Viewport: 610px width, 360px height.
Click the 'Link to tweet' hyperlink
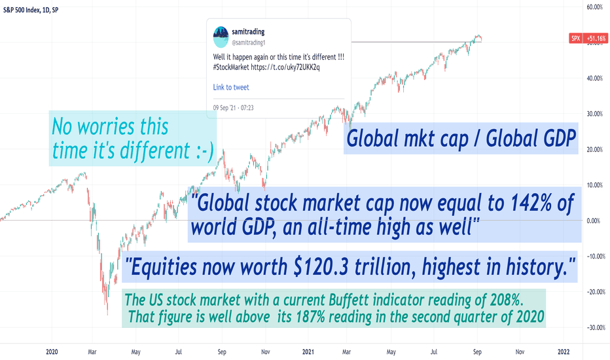click(230, 87)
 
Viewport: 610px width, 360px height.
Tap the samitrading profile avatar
click(221, 37)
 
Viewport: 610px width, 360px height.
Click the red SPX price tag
click(575, 38)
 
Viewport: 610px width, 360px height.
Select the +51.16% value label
click(596, 38)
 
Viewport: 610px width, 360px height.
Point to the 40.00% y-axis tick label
click(594, 79)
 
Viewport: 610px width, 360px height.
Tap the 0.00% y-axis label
click(594, 221)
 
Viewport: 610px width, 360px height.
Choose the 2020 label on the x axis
click(52, 352)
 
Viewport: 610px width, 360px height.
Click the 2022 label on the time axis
click(564, 352)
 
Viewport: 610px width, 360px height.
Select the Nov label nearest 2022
click(520, 352)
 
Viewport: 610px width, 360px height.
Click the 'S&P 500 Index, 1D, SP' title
click(31, 10)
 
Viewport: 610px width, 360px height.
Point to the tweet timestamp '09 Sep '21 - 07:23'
click(233, 108)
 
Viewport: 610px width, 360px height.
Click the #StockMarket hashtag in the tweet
click(230, 67)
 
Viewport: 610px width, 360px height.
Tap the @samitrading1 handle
click(248, 43)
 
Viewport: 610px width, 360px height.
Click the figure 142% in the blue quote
click(531, 203)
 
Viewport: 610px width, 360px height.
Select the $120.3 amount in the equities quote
click(322, 267)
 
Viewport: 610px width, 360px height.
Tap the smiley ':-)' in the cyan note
click(204, 151)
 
